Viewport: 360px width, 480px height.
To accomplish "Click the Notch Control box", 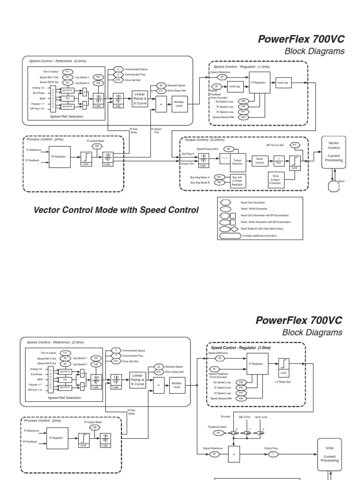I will click(x=260, y=160).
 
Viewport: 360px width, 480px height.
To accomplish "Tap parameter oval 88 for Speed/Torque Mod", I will click(x=228, y=149).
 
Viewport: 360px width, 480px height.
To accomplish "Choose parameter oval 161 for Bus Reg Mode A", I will click(x=218, y=177).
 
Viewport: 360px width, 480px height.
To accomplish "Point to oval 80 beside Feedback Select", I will click(x=219, y=433).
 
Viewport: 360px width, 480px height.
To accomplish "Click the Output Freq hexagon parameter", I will click(x=273, y=454).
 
